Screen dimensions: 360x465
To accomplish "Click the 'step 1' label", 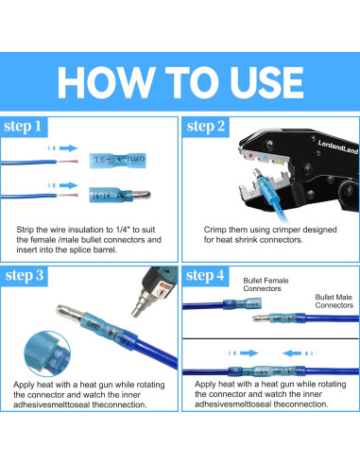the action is [x=23, y=127].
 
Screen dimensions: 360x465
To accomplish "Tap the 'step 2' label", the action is [x=206, y=127].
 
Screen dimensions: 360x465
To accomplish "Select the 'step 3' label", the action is [x=25, y=276].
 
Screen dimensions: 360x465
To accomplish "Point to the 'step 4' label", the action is [x=205, y=275].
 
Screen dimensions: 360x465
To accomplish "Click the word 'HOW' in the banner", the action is [x=104, y=82].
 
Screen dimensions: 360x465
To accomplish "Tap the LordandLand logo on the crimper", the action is [x=337, y=147].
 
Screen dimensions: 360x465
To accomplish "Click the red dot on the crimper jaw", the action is [x=250, y=156].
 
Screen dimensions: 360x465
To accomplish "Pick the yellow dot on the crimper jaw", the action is [x=280, y=161].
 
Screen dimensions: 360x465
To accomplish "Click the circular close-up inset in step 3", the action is [x=47, y=353].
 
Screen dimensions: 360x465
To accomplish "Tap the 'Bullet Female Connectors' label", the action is [x=266, y=284].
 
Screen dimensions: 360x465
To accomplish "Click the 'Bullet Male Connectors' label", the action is [x=334, y=301].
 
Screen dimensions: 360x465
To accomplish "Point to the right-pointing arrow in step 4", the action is [x=242, y=353].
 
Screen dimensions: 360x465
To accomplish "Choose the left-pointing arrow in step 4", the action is [x=300, y=353].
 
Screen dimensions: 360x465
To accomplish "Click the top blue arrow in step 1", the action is [x=60, y=148].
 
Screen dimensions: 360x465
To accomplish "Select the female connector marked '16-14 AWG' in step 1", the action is [x=117, y=161].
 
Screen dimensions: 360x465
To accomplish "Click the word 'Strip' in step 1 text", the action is [x=25, y=230].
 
